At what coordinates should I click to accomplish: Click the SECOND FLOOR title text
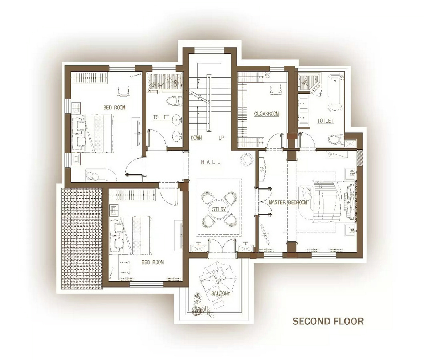(328, 321)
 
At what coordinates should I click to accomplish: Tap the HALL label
(211, 162)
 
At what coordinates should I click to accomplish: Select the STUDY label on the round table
(219, 209)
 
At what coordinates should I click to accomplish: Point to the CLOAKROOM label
(266, 114)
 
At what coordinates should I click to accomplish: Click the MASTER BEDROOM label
(288, 203)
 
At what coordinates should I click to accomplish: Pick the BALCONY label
(221, 293)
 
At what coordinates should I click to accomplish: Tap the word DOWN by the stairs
(196, 137)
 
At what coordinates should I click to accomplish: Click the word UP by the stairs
(221, 137)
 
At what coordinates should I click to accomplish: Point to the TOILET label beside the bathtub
(325, 121)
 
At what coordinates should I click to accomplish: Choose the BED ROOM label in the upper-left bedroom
(114, 107)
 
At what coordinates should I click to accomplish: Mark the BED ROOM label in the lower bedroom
(152, 262)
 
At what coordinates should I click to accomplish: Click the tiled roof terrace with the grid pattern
(82, 238)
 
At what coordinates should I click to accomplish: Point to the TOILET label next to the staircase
(161, 117)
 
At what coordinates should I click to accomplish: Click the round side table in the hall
(247, 159)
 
